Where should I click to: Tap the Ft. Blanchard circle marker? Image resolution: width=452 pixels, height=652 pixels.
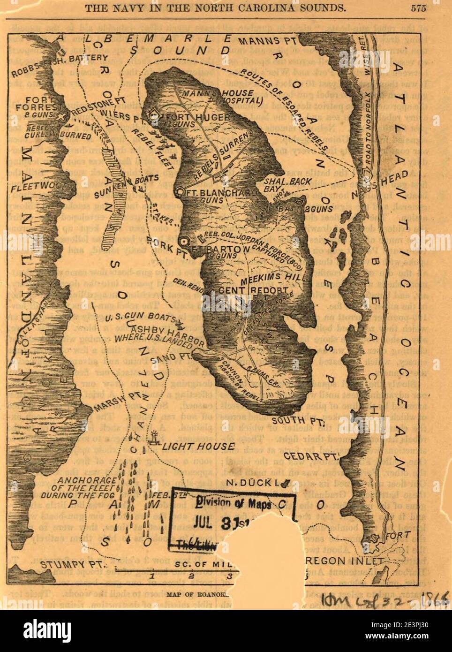click(181, 192)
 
